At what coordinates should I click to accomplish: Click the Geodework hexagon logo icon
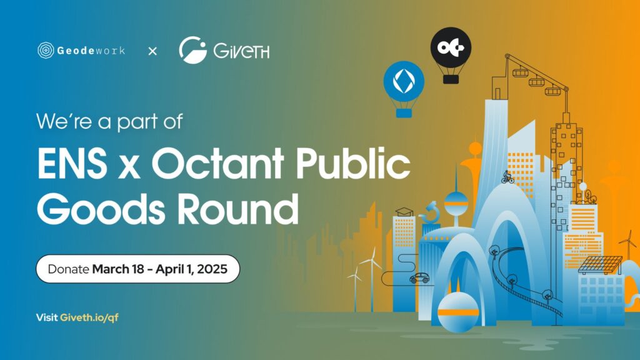[46, 51]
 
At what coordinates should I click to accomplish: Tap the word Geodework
[91, 51]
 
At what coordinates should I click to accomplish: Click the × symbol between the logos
[152, 51]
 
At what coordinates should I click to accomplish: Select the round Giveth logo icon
[193, 50]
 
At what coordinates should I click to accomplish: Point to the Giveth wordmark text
[241, 51]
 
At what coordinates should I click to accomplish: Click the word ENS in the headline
[72, 164]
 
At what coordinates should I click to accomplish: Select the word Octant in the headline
[218, 163]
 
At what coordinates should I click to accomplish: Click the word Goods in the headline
[101, 209]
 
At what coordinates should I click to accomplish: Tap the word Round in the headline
[239, 209]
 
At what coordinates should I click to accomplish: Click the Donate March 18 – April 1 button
[138, 269]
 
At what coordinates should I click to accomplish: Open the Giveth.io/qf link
[89, 317]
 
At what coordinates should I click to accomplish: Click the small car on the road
[419, 278]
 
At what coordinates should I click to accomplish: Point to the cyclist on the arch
[507, 177]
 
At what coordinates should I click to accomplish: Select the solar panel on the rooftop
[599, 264]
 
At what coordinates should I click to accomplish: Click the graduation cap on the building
[404, 212]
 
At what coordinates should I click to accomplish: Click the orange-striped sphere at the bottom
[458, 312]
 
